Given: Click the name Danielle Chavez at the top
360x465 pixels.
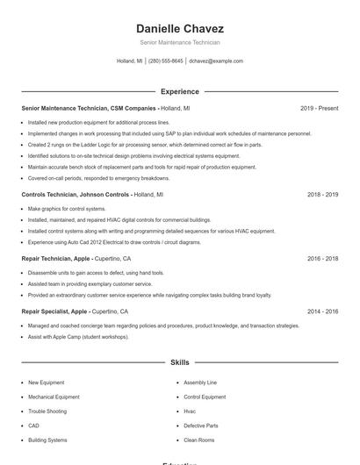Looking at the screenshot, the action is point(179,29).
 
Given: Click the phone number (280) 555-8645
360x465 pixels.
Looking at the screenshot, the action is point(166,61).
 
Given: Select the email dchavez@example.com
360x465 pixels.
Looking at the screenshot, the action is point(216,61).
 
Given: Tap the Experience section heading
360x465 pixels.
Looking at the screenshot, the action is point(179,91).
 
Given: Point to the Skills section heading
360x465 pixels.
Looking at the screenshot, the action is point(179,361).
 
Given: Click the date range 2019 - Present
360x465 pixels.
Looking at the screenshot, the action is point(319,108).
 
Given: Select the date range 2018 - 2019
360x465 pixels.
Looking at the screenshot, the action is point(322,194).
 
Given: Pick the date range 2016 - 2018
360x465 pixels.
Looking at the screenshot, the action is point(322,259).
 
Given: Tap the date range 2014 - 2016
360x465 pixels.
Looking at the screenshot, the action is point(322,311).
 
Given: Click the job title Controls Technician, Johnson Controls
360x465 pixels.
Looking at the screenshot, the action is point(76,194).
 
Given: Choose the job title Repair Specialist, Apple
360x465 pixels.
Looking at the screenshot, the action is point(54,311).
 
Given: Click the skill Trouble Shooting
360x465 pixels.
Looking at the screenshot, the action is point(47,411).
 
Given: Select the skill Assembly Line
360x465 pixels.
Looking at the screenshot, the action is point(200,383).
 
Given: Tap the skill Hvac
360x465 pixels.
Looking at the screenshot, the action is point(190,411).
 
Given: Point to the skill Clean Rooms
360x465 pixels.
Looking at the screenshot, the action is point(199,440).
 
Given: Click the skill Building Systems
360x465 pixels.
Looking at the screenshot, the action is point(47,440).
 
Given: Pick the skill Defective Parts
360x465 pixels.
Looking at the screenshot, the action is point(201,426).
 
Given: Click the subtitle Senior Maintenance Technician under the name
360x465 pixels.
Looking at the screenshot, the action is point(179,43).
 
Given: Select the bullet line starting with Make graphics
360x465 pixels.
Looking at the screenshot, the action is point(67,209).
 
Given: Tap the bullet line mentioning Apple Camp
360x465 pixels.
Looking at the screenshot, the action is point(80,336).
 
